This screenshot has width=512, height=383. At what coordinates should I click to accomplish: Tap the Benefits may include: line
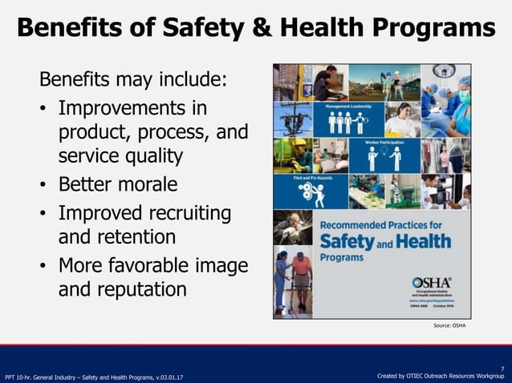click(x=133, y=81)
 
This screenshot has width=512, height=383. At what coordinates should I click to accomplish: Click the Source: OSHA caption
click(x=449, y=326)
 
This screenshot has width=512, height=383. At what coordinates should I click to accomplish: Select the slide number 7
click(x=502, y=368)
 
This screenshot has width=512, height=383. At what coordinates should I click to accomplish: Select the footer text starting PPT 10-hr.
click(x=94, y=376)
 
